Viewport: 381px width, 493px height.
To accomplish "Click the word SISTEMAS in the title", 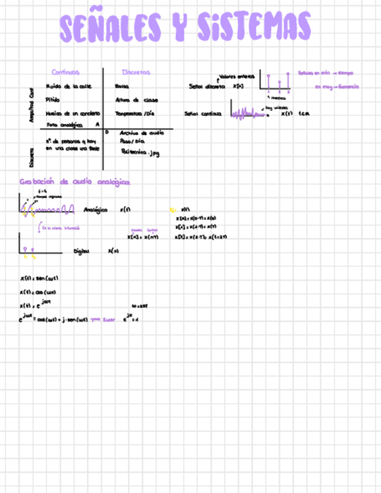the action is point(253,28).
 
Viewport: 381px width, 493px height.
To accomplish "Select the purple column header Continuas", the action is point(65,72).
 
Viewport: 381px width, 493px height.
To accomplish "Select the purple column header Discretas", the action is point(136,72).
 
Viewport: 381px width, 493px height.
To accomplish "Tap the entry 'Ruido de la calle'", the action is point(64,85).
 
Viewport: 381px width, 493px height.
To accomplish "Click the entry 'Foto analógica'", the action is point(64,125).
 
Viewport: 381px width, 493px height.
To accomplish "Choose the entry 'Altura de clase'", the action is point(136,99).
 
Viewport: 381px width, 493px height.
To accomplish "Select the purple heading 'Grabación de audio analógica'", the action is point(74,182).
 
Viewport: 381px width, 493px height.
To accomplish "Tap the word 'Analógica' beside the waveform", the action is point(95,210).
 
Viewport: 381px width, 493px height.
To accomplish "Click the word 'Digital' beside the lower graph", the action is point(81,251).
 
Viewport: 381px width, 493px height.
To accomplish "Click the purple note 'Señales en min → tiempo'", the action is point(325,73).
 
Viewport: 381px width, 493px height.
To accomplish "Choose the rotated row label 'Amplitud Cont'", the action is point(32,105).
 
